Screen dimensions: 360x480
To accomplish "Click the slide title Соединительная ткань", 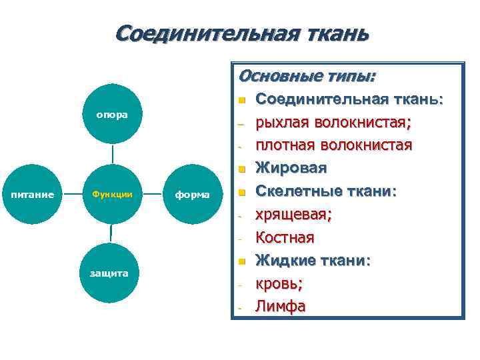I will tap(241, 33).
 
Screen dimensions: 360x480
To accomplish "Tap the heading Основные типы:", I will tap(306, 75).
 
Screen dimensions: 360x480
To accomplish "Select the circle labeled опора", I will tap(112, 114).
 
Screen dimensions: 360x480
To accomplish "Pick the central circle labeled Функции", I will tap(112, 195).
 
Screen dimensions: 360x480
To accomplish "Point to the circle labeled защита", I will tap(112, 274).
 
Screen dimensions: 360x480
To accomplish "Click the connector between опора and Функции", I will tap(113, 155).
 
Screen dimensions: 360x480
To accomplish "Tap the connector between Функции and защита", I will tap(112, 234).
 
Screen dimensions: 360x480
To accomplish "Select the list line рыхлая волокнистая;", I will tap(334, 123).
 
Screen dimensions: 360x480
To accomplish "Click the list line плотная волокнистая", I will tap(334, 145).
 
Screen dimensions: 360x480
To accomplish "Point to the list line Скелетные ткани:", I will tap(327, 191).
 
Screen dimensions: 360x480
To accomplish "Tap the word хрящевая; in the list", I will tap(294, 214).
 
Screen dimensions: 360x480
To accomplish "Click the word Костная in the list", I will tap(285, 237).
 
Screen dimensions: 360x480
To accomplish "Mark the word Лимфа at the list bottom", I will tap(281, 307).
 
